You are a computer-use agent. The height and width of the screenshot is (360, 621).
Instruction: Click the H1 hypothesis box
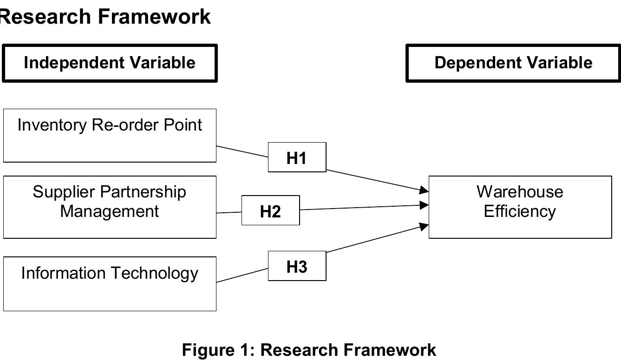pos(297,157)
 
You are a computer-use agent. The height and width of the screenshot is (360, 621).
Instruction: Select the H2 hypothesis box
pos(270,210)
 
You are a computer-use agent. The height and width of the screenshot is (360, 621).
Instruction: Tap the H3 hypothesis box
pos(297,266)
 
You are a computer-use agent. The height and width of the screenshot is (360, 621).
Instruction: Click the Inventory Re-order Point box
pos(110,136)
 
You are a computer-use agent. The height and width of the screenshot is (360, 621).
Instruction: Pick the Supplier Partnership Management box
pos(110,207)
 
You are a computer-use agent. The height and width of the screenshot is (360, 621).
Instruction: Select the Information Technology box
pos(110,283)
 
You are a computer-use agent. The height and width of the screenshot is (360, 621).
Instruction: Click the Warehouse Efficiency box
pos(520,207)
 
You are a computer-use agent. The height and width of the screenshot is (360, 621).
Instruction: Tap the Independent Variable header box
pos(110,63)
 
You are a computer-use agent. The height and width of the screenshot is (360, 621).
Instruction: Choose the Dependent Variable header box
pos(513,63)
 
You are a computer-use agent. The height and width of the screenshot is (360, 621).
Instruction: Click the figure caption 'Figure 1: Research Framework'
pos(309,350)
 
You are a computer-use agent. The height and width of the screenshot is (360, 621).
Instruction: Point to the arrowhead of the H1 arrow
pos(424,190)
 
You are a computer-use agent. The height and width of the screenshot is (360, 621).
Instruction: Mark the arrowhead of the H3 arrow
pos(424,226)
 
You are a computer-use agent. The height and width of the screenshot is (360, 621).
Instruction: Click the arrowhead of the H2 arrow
pos(424,205)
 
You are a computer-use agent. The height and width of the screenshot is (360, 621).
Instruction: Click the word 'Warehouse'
pos(520,192)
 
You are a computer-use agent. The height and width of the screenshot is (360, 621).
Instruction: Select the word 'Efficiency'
pos(520,211)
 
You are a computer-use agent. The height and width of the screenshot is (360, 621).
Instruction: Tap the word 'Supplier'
pos(63,192)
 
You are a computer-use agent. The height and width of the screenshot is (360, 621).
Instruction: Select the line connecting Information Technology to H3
pos(242,275)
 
